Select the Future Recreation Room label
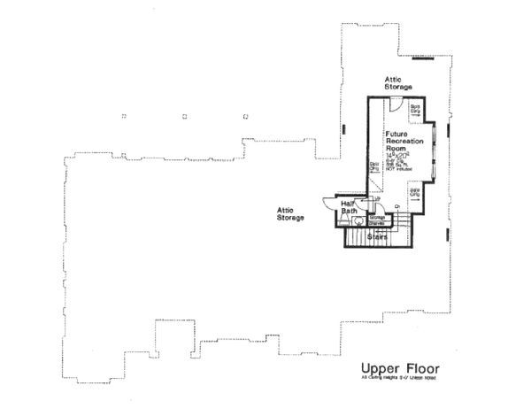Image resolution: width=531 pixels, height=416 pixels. click(403, 141)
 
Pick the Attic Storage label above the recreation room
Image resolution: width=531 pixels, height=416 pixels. click(397, 83)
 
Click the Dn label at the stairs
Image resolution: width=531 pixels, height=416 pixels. click(398, 206)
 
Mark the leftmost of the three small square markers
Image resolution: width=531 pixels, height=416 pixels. click(124, 115)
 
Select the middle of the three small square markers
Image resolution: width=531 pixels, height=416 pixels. click(184, 115)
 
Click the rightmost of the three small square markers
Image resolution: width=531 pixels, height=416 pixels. click(244, 115)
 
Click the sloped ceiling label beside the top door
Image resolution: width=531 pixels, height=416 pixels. click(414, 109)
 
